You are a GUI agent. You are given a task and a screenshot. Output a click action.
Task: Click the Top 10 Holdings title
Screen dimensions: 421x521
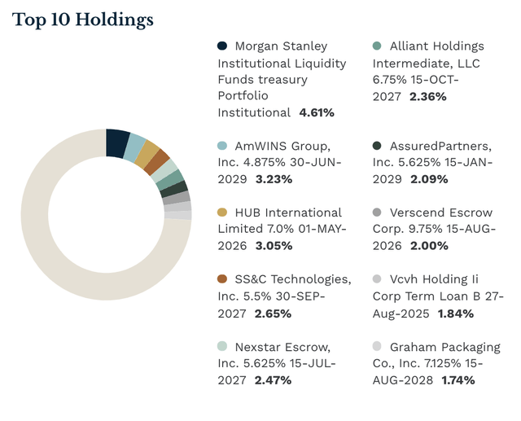(82, 19)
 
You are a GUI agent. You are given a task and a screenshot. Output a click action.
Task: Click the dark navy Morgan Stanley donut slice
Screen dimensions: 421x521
(117, 143)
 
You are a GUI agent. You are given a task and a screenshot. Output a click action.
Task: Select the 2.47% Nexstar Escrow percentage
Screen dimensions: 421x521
(270, 379)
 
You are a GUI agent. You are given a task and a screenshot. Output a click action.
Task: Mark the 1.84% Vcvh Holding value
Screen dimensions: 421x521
(457, 313)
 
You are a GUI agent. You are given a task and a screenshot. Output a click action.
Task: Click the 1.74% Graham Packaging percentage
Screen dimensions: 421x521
(456, 379)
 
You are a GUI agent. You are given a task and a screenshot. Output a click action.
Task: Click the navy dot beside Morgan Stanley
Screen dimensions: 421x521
(223, 46)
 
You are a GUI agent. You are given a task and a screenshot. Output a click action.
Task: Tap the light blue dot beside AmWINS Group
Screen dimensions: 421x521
(223, 146)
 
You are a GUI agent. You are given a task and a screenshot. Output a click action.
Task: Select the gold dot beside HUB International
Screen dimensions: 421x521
(223, 213)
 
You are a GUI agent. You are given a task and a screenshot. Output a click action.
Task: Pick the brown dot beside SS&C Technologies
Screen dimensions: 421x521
(223, 279)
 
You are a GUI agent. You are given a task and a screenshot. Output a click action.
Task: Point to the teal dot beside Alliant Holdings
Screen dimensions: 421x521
(377, 46)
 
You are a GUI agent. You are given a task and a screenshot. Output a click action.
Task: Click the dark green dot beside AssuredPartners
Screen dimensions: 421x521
(377, 146)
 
